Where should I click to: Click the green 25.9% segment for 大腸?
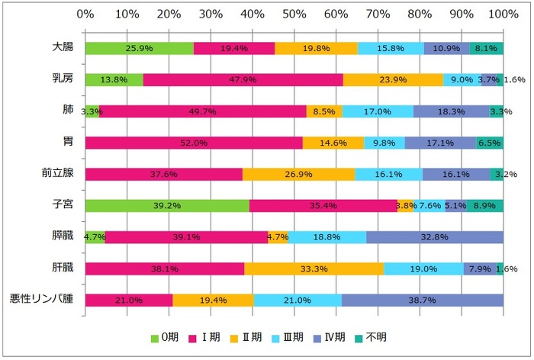click(x=140, y=48)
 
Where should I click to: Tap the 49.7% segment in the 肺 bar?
click(x=203, y=111)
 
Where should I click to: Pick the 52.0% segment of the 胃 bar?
click(x=194, y=143)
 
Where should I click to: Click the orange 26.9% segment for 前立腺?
click(x=298, y=174)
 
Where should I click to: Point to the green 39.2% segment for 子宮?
click(x=167, y=205)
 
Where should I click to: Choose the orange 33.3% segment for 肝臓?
click(x=314, y=268)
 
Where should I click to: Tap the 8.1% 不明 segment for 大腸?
click(x=486, y=48)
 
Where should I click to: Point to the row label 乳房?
click(x=63, y=78)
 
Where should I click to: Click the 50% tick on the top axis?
click(x=294, y=14)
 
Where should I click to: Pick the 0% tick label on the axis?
click(x=85, y=14)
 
